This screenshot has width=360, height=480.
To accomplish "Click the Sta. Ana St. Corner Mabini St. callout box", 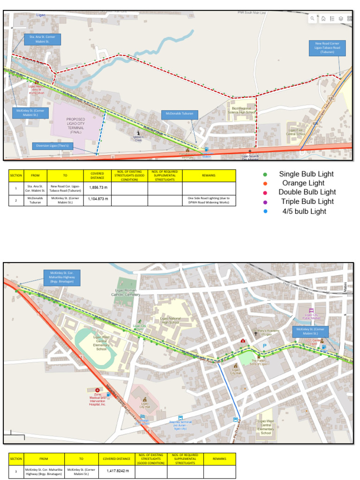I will coord(43,39).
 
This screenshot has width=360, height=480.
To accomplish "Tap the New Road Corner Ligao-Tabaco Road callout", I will coord(327,47).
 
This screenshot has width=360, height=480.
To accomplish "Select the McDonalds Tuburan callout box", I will coord(180,114).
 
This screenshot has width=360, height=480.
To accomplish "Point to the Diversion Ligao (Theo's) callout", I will coord(52,146).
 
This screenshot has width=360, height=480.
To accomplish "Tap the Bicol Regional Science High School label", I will coord(242,110).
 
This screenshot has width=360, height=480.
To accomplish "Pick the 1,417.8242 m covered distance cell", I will coord(117,471).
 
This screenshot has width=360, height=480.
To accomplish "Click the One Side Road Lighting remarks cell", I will coord(209,200).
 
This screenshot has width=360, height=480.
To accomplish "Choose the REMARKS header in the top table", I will coord(209,175).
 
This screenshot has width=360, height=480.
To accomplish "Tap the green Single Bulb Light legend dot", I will coord(265,174).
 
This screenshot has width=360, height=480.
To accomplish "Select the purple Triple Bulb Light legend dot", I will coord(265,202).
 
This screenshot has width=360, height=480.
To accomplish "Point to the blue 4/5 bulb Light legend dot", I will coord(265,211).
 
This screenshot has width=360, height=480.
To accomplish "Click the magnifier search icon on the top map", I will coord(313,19).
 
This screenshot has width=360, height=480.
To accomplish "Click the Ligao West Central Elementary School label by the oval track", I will coord(101,345).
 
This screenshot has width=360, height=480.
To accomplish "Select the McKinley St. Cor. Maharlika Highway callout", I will coord(62,277).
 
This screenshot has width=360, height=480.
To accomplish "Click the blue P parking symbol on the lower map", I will coord(264,346).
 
